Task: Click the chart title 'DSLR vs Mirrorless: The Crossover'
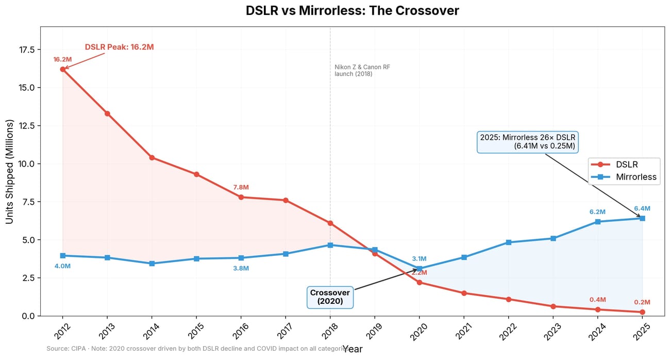[x=352, y=11]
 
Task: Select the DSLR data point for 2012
[x=63, y=69]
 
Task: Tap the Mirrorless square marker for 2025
[x=642, y=218]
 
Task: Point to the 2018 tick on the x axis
[x=330, y=328]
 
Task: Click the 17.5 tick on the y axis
[x=24, y=50]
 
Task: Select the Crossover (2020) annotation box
[x=330, y=297]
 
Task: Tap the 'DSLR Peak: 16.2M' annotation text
[x=119, y=47]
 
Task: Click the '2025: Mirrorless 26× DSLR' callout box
[x=528, y=142]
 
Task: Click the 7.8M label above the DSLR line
[x=241, y=187]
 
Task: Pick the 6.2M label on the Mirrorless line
[x=597, y=212]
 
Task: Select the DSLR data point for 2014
[x=152, y=157]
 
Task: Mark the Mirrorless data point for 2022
[x=509, y=242]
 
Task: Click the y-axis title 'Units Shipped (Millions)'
[x=9, y=171]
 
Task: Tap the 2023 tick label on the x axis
[x=552, y=328]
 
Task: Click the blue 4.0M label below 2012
[x=62, y=266]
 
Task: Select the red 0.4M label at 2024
[x=597, y=300]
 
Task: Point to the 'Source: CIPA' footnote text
[x=196, y=349]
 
